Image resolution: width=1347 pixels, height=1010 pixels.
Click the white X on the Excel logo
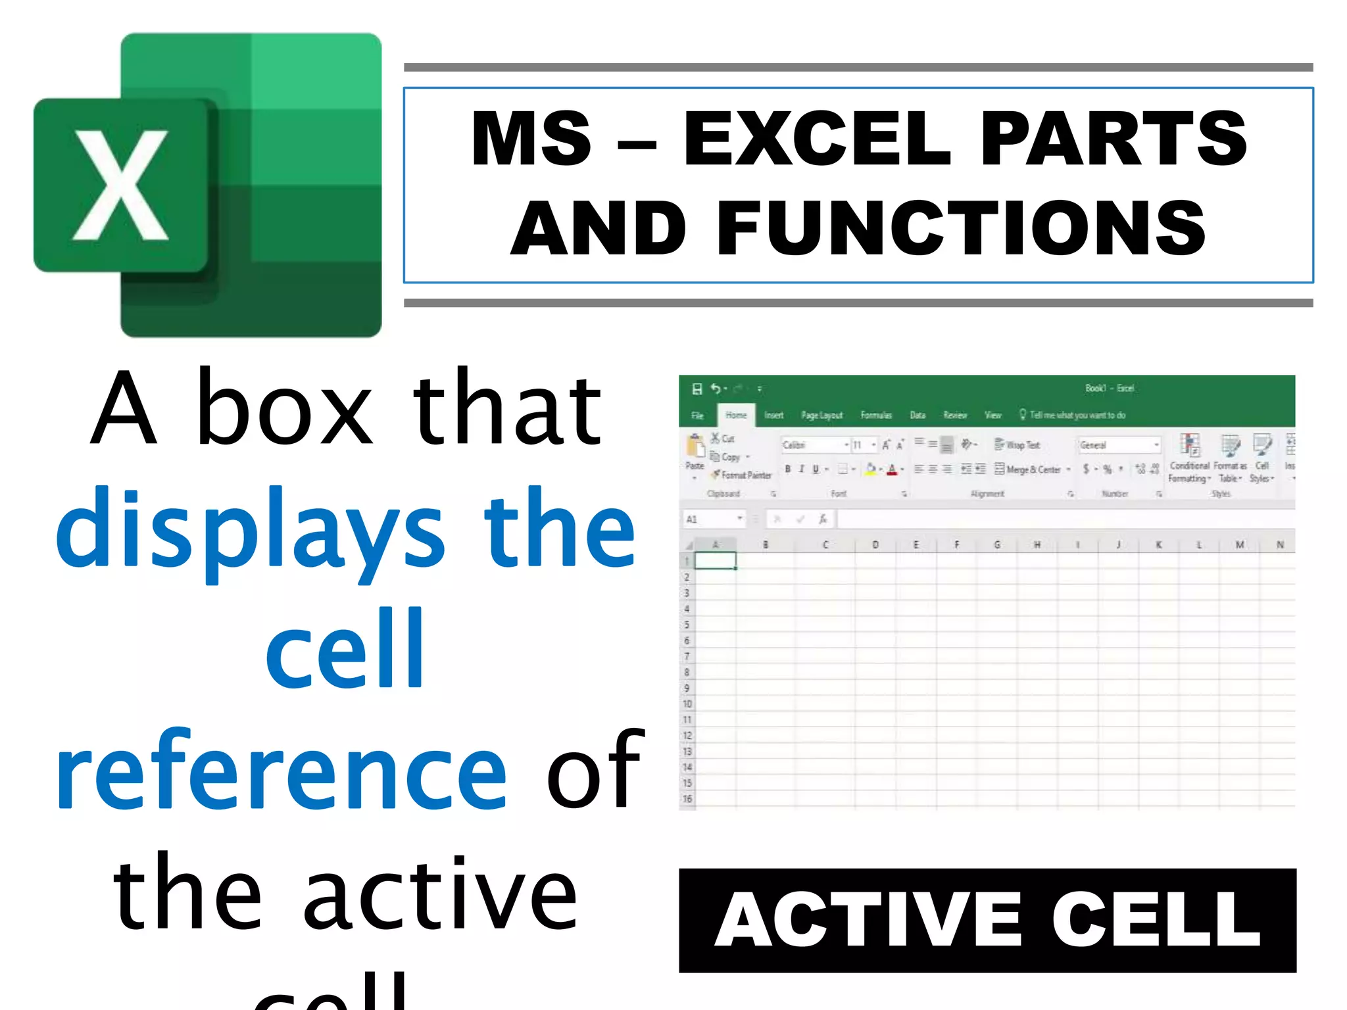(120, 185)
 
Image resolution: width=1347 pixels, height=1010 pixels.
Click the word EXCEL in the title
(816, 139)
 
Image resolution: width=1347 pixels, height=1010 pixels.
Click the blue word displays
(251, 530)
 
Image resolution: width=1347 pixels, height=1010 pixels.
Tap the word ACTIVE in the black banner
(868, 920)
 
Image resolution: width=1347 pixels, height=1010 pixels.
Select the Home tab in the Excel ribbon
(736, 415)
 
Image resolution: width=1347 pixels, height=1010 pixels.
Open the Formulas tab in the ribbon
(875, 415)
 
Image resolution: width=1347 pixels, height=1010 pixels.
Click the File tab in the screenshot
(697, 416)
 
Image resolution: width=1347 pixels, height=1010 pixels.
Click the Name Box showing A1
(713, 519)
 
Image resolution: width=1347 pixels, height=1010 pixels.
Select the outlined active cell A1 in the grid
(715, 561)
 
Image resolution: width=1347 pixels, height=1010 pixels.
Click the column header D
(875, 544)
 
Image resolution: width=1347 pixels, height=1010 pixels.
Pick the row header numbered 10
(687, 704)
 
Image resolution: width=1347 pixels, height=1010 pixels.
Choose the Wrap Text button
(1017, 445)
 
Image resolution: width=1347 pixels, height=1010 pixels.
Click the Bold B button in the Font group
(787, 469)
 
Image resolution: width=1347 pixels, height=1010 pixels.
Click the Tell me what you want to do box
(1076, 415)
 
